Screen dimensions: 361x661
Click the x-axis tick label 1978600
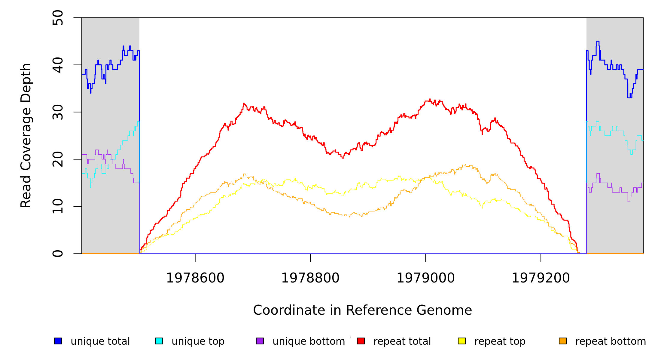point(195,278)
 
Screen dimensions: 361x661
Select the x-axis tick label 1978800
point(310,278)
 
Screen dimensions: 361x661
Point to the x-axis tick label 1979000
point(426,278)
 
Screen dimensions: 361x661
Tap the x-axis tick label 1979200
point(541,278)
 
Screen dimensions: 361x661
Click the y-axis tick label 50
point(58,18)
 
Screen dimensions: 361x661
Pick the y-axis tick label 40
point(58,65)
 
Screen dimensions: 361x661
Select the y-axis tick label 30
point(58,112)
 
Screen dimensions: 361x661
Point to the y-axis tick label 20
point(58,159)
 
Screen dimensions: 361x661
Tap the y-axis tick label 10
point(58,206)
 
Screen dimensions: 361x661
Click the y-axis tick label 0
point(58,254)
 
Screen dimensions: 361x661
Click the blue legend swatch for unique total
point(58,341)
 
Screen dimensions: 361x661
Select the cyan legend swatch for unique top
point(159,341)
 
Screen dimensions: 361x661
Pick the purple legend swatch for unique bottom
point(260,341)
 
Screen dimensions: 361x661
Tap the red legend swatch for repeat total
point(361,341)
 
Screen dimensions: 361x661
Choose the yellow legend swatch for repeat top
point(462,341)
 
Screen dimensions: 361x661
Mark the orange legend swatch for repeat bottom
point(563,341)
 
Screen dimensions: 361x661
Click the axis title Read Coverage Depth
point(26,135)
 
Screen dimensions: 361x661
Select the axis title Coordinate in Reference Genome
point(362,310)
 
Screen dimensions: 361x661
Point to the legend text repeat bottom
point(611,341)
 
